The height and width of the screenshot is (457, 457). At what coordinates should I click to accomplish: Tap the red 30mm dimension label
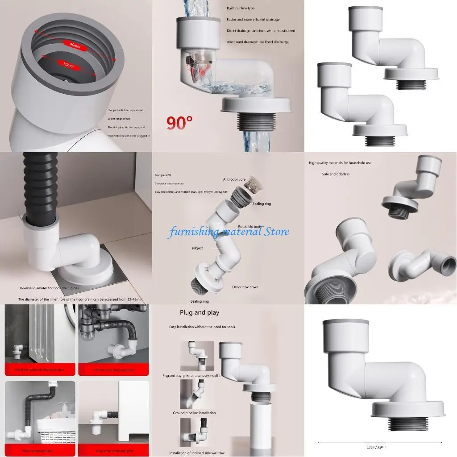[68, 65]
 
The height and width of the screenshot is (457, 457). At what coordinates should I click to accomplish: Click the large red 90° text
[180, 122]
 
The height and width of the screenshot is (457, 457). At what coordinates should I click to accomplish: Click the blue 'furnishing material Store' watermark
[228, 232]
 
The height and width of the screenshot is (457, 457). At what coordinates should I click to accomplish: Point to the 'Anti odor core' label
[235, 179]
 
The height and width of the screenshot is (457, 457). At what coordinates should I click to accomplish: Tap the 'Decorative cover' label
[245, 287]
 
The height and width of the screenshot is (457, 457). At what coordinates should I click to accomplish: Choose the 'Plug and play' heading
[199, 312]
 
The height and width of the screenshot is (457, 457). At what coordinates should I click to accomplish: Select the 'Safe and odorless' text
[336, 174]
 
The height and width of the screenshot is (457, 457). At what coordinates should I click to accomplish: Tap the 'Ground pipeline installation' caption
[194, 413]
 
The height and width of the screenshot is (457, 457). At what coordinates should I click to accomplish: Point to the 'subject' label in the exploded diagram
[197, 248]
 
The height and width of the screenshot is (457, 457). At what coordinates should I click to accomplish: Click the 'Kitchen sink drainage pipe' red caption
[113, 370]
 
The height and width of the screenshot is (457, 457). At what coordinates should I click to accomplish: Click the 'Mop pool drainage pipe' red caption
[113, 451]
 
